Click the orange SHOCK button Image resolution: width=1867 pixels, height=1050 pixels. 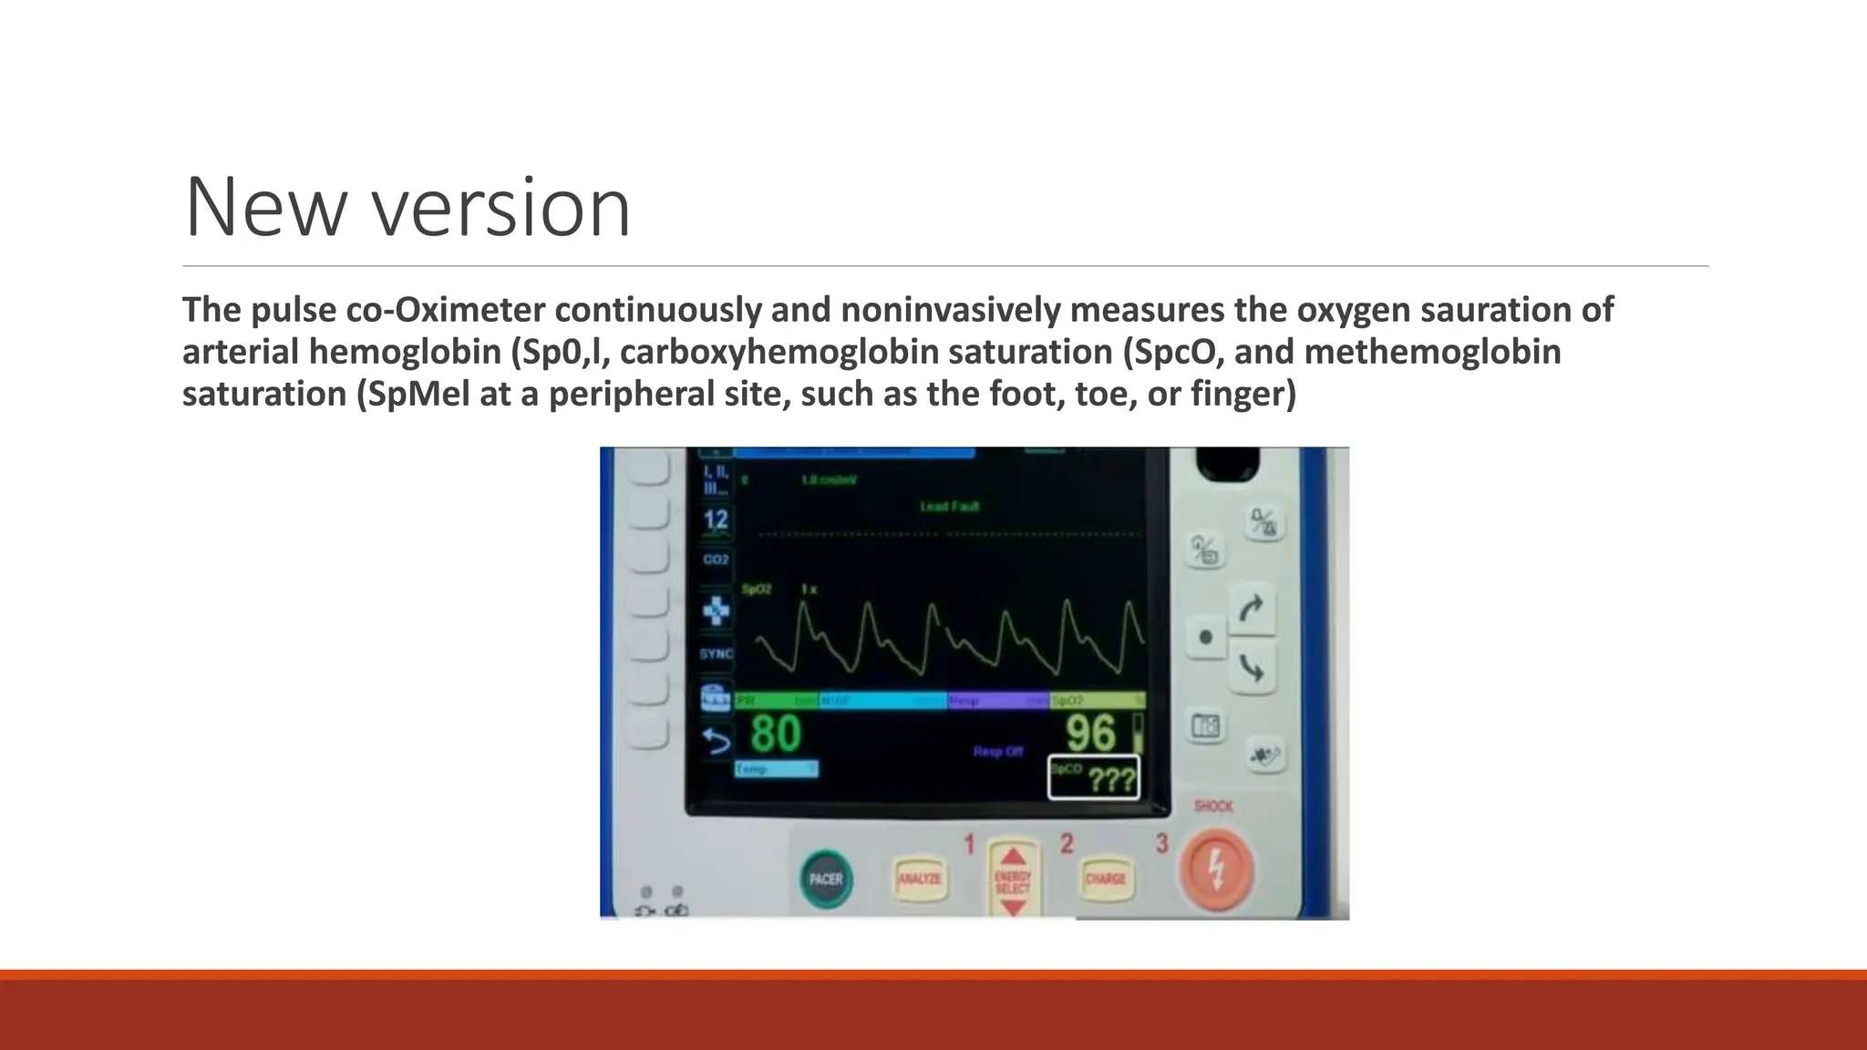coord(1216,870)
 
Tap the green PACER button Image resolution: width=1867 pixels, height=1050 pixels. coord(827,879)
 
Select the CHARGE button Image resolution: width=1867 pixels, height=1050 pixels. coord(1106,879)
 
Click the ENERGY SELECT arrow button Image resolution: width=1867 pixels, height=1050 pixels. coord(1013,879)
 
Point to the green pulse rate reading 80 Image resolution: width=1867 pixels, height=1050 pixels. coord(776,734)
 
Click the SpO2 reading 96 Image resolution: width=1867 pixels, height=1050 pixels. coord(1090,734)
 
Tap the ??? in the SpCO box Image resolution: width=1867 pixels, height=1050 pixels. coord(1112,781)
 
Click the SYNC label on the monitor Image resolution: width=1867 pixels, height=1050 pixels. coord(716,654)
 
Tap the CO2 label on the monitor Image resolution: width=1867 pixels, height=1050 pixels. coord(716,559)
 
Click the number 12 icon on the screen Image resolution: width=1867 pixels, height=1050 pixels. coord(716,520)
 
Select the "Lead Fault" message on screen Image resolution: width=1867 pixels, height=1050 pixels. coord(950,506)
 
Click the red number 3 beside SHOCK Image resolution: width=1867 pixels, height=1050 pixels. coord(1161,844)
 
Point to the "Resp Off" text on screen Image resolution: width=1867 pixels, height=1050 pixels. coord(998,752)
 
